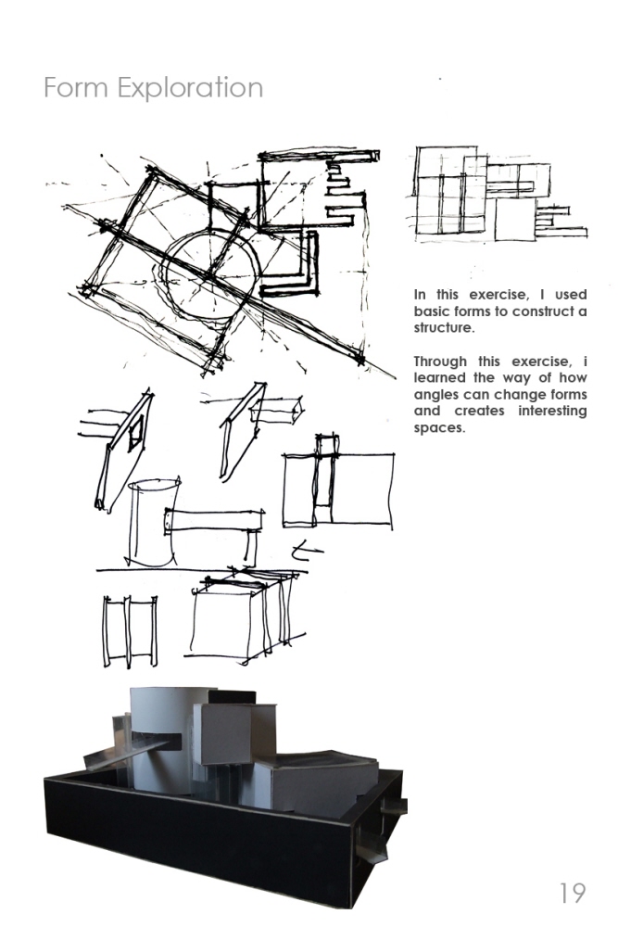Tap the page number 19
point(572,893)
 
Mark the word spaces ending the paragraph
point(438,428)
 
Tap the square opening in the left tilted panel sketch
point(137,430)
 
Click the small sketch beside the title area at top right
point(491,196)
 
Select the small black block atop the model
point(226,695)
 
